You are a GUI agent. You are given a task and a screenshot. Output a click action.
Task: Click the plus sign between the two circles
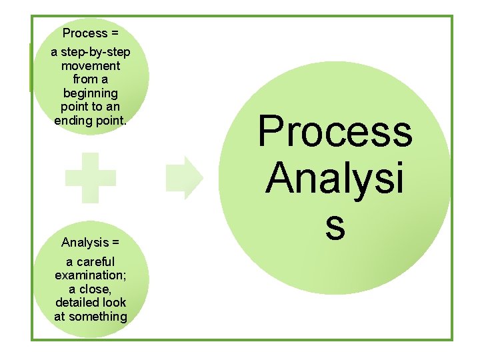pos(91,177)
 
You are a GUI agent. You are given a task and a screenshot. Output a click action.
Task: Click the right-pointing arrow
pos(184,178)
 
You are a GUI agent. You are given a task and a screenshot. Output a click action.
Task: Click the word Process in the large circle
pos(335,131)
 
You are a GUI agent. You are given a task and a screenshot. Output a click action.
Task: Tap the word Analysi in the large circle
pos(335,178)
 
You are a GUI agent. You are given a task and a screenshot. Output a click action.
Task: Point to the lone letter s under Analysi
pos(335,225)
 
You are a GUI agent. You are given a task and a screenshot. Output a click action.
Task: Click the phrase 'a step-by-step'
pos(91,53)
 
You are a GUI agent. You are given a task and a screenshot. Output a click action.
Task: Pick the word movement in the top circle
pos(91,66)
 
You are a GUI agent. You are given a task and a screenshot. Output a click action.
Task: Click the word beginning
pos(91,93)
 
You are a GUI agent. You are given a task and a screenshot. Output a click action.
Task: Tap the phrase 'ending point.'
pos(91,121)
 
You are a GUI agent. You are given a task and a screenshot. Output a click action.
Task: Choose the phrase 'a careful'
pos(91,262)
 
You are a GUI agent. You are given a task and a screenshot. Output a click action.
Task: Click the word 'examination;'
pos(91,275)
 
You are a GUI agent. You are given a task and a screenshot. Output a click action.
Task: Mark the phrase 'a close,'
pos(91,289)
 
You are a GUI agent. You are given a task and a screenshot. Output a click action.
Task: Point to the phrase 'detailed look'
pos(91,303)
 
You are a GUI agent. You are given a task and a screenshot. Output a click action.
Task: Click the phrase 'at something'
pos(91,317)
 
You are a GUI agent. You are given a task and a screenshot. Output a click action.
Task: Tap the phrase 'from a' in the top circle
pos(91,79)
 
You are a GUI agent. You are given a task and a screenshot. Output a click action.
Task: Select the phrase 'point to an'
pos(91,107)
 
